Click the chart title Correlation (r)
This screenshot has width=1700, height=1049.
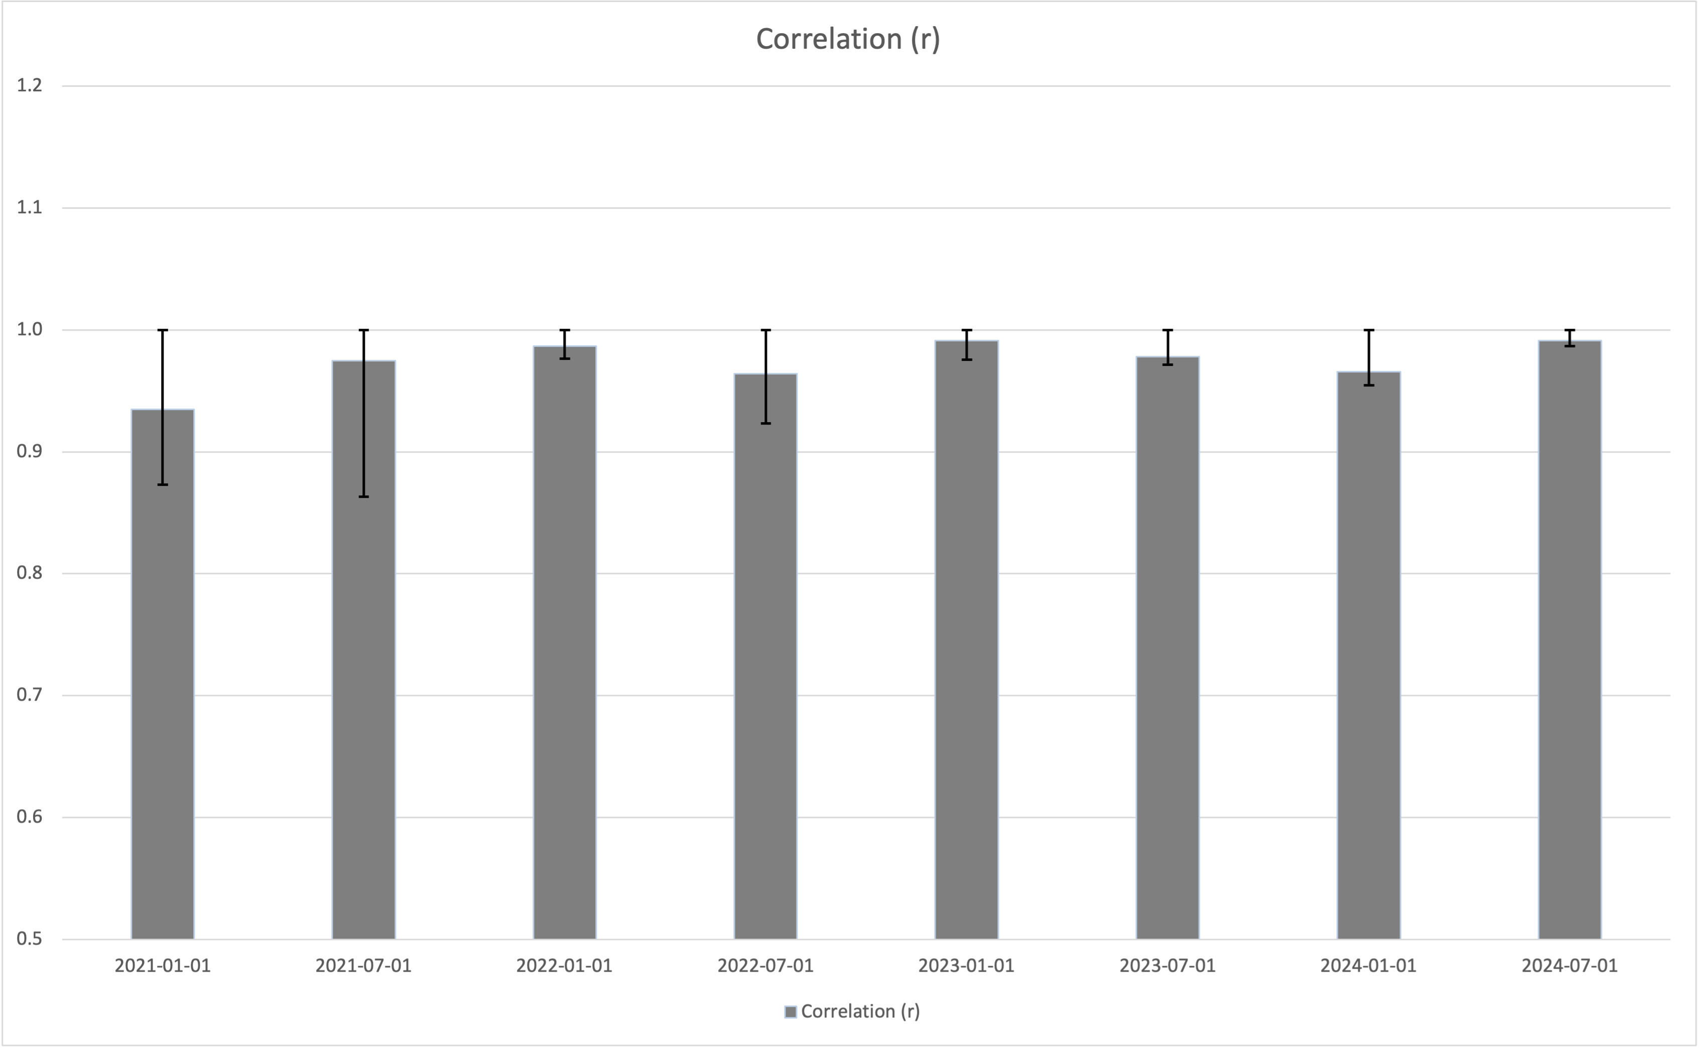pyautogui.click(x=848, y=39)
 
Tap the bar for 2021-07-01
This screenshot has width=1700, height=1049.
pyautogui.click(x=363, y=649)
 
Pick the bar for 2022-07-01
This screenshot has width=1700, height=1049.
pyautogui.click(x=766, y=657)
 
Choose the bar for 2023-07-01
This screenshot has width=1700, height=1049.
pyautogui.click(x=1167, y=647)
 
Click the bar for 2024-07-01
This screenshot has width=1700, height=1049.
pyautogui.click(x=1570, y=639)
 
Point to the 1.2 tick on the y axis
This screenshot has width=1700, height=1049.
pyautogui.click(x=29, y=85)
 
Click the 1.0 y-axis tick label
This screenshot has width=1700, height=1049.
pyautogui.click(x=29, y=330)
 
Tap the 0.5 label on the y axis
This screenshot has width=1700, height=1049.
pyautogui.click(x=29, y=939)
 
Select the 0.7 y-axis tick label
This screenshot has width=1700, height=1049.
pyautogui.click(x=29, y=695)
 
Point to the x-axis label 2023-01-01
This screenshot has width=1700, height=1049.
pyautogui.click(x=966, y=965)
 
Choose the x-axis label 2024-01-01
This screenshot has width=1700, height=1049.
pyautogui.click(x=1368, y=965)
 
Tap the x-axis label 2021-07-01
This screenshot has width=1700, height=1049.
pyautogui.click(x=363, y=965)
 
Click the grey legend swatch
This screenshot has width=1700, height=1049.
pyautogui.click(x=791, y=1012)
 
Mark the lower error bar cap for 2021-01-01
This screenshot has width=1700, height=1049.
pyautogui.click(x=162, y=484)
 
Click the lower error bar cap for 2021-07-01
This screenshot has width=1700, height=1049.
pyautogui.click(x=363, y=497)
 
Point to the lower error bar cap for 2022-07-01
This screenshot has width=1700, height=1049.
pyautogui.click(x=766, y=423)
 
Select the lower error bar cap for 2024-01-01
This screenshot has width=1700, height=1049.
pyautogui.click(x=1368, y=385)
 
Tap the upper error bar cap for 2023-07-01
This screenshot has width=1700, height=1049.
pyautogui.click(x=1167, y=330)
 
